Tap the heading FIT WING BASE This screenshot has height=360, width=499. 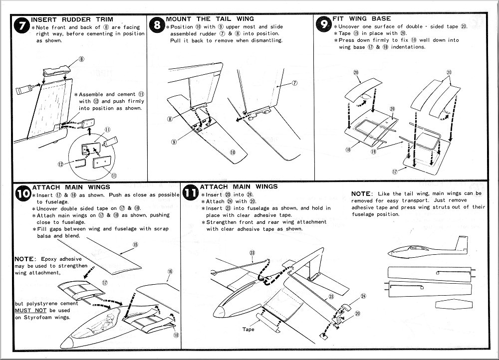point(361,18)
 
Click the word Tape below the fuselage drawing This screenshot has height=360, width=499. point(249,329)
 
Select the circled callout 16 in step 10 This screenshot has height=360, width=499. point(170,271)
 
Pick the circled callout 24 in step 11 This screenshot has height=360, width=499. point(363,296)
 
